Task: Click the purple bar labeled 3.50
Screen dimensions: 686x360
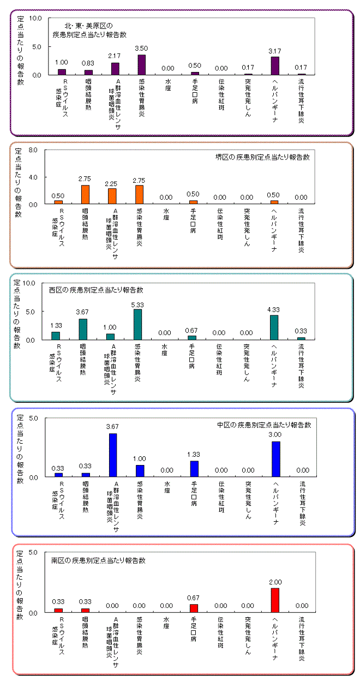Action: click(x=141, y=64)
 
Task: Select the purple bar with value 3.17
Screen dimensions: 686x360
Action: click(x=275, y=65)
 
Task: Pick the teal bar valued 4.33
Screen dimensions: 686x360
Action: click(x=274, y=327)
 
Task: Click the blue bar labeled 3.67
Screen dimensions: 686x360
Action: click(x=113, y=455)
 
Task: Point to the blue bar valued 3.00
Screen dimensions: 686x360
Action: click(x=275, y=459)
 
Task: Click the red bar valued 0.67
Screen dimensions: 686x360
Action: click(x=194, y=608)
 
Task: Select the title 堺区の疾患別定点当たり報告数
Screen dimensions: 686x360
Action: click(x=262, y=157)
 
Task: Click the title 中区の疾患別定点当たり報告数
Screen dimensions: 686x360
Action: click(x=263, y=425)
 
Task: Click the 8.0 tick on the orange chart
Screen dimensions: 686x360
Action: click(x=32, y=150)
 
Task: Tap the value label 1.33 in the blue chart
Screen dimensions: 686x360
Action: click(x=194, y=454)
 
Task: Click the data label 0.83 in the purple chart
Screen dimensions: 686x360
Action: click(x=88, y=63)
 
